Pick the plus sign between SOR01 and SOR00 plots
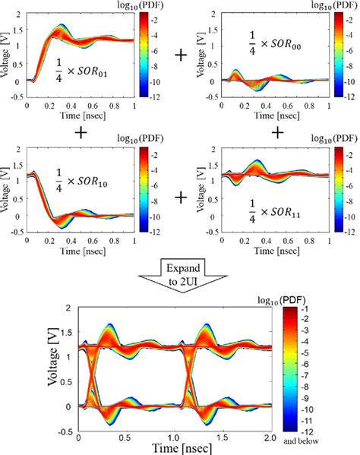(181, 55)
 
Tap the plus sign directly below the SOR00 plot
(278, 132)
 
